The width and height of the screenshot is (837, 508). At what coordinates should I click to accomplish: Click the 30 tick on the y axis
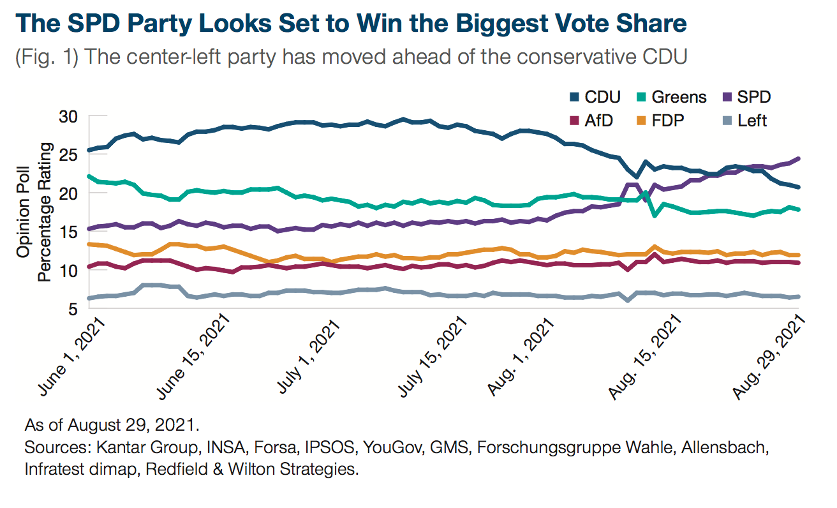(68, 116)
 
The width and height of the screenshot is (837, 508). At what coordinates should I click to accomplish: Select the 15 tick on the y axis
(68, 232)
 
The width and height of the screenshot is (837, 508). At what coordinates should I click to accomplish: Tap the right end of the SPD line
(799, 158)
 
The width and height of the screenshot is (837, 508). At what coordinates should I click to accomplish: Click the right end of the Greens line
(799, 209)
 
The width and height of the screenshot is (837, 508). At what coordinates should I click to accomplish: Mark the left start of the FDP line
(90, 244)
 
